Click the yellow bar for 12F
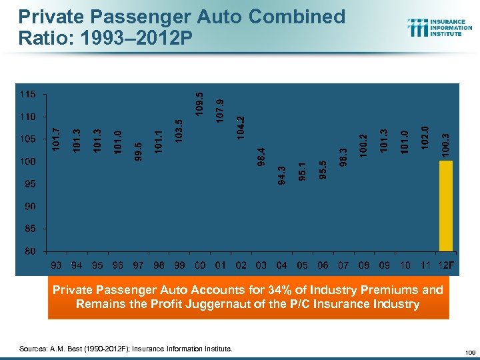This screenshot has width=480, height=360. tap(446, 205)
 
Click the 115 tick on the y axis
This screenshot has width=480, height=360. tap(28, 95)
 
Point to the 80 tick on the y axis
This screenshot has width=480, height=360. tap(31, 251)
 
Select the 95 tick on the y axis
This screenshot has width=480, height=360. tap(31, 184)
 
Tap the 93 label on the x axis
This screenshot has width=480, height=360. tap(57, 265)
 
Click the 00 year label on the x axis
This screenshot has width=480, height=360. tap(200, 265)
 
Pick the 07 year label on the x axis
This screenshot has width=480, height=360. tap(343, 265)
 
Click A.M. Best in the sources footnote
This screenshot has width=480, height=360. tap(67, 348)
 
